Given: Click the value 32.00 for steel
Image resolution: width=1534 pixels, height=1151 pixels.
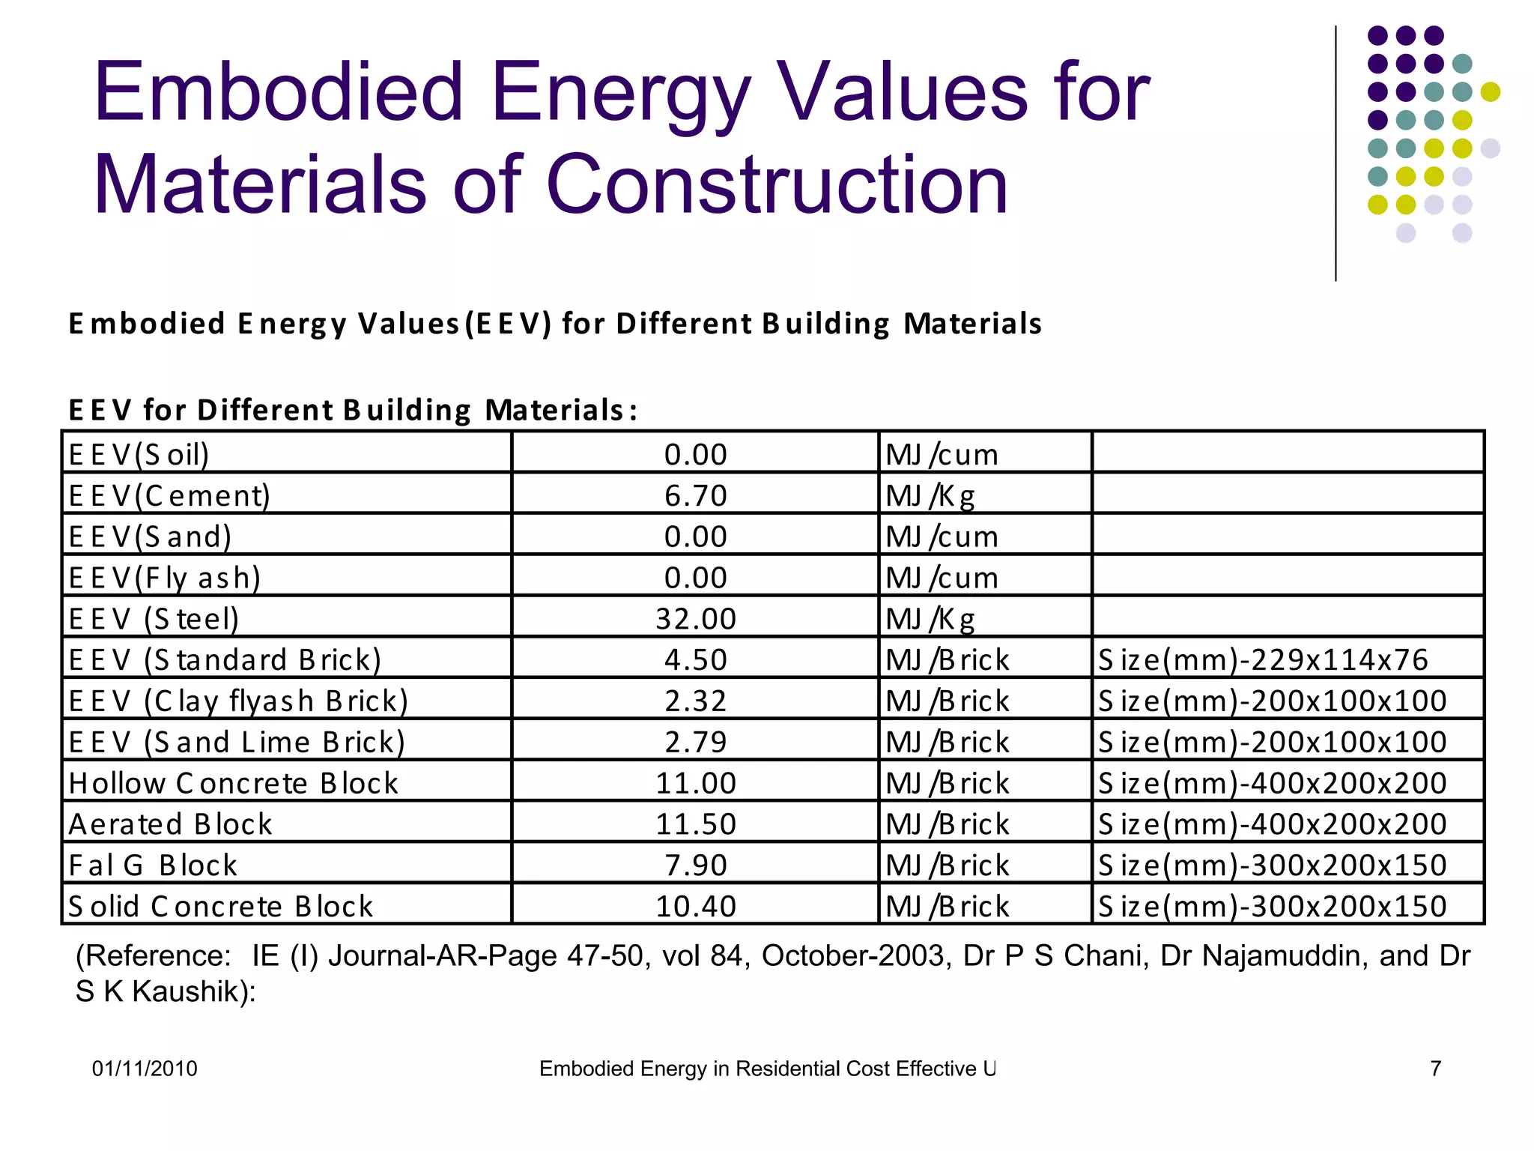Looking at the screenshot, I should tap(695, 618).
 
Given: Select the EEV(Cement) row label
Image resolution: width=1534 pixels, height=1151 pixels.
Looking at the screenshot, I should tap(169, 495).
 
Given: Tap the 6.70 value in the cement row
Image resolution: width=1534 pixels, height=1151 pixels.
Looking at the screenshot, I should tap(695, 495).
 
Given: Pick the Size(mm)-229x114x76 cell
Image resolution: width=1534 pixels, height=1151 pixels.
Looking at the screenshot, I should tap(1263, 659).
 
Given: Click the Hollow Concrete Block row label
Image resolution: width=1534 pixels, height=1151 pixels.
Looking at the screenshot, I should tap(233, 783).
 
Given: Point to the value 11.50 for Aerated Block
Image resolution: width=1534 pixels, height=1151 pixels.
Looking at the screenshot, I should tap(695, 824).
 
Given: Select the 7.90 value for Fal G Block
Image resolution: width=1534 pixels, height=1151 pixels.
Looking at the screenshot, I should tap(695, 865).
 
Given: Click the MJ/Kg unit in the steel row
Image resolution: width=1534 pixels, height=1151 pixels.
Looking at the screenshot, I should tap(930, 619).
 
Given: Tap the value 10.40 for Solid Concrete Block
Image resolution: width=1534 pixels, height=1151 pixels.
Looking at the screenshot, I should tap(695, 906).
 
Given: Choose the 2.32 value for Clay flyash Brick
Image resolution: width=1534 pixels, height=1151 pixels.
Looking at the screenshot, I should tap(695, 701).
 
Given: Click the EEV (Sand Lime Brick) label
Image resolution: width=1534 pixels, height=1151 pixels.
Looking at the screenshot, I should tap(237, 742).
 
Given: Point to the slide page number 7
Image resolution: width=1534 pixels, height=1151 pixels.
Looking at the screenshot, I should tap(1435, 1068).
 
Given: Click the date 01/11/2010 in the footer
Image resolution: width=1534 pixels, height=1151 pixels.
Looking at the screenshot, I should tap(145, 1068).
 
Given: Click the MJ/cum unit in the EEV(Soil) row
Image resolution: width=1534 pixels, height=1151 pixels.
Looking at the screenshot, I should tap(942, 455).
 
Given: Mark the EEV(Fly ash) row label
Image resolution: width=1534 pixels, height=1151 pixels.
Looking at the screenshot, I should tap(165, 578).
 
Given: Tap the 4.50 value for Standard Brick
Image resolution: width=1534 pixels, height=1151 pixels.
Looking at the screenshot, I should tap(695, 659).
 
